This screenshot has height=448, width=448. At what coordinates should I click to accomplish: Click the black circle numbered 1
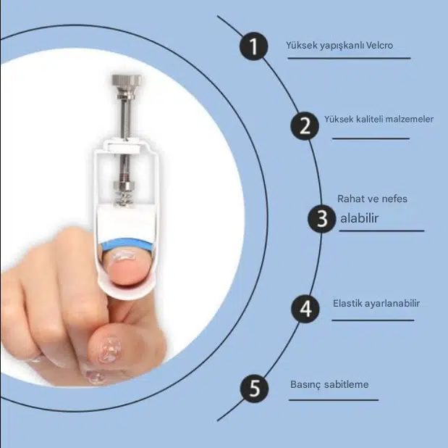[254, 46]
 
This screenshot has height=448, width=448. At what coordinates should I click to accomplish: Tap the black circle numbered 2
[305, 125]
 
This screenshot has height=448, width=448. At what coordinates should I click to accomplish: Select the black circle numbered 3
[322, 219]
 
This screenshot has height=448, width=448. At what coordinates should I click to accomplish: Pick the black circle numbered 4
[305, 309]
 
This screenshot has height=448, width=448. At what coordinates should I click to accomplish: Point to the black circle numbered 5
[254, 389]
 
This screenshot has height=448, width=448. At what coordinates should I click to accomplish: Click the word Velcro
[379, 45]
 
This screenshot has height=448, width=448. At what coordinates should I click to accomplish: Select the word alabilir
[360, 218]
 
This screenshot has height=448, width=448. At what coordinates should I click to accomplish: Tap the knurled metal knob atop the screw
[127, 81]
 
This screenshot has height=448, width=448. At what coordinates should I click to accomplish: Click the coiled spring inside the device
[123, 198]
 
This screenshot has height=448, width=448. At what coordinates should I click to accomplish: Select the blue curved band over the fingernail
[127, 244]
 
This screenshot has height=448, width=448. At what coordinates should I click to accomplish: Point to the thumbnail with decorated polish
[110, 349]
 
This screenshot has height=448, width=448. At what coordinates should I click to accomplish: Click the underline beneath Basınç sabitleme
[334, 400]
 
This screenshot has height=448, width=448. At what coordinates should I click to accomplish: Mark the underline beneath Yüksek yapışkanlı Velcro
[349, 58]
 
